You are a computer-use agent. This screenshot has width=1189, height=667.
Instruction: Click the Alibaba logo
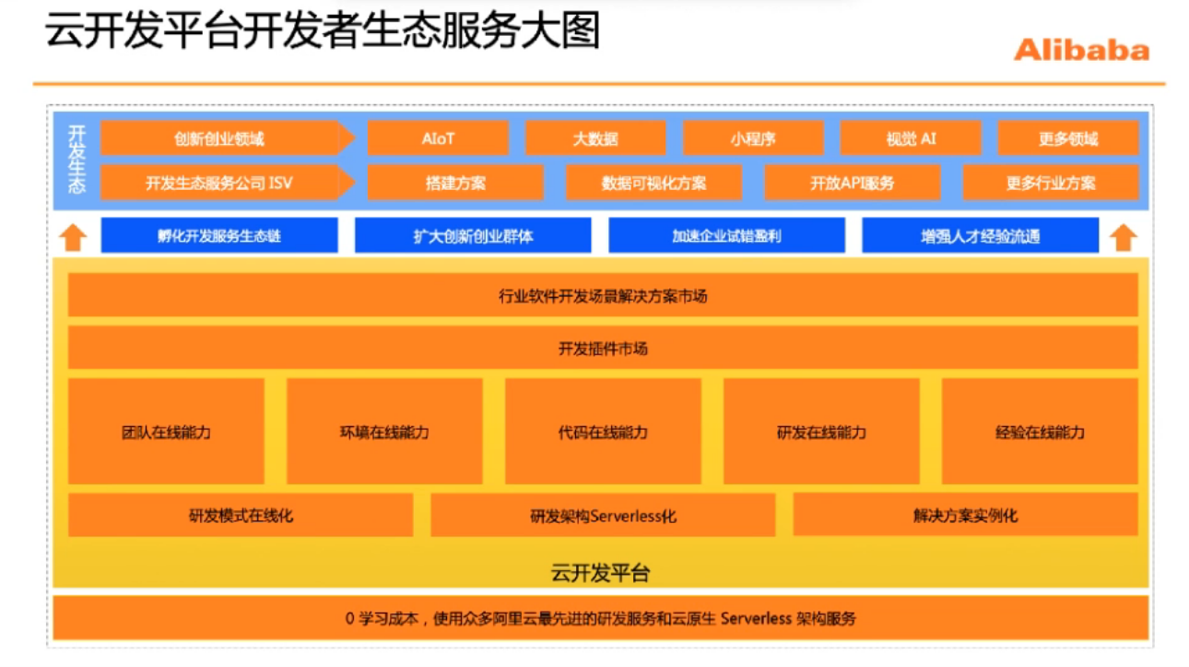(x=1081, y=50)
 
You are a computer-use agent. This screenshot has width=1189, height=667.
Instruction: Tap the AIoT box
(x=438, y=138)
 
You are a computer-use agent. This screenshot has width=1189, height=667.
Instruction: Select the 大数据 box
(x=595, y=138)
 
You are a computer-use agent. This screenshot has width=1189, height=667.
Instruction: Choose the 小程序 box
(x=753, y=138)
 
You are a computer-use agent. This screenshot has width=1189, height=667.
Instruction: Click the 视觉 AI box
(x=911, y=138)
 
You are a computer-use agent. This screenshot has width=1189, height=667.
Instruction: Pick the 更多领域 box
(x=1068, y=138)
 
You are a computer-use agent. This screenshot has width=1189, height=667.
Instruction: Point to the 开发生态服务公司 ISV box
(x=219, y=183)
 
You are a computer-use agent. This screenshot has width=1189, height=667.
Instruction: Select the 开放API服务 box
(x=853, y=183)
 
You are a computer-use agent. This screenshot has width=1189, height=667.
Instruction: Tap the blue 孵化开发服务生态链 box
(x=219, y=235)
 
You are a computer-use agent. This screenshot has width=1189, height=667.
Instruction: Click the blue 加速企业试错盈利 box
(x=726, y=235)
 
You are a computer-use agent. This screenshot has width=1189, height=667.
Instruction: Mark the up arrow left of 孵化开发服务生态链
(x=73, y=237)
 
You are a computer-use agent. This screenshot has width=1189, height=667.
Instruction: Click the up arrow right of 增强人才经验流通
(x=1122, y=237)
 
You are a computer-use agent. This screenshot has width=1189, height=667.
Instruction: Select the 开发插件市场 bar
(x=603, y=348)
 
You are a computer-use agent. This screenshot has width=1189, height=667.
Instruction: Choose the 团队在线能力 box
(x=166, y=431)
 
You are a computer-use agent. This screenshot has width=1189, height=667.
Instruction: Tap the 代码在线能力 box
(x=603, y=431)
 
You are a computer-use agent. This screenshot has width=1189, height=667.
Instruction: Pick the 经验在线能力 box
(x=1040, y=431)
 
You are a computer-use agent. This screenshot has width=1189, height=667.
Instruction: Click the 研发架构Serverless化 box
(x=603, y=515)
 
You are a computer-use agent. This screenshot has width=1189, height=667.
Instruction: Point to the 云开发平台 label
(x=601, y=573)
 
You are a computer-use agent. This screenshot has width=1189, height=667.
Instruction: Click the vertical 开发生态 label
(x=77, y=159)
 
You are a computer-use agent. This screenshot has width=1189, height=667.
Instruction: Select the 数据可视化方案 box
(x=653, y=183)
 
